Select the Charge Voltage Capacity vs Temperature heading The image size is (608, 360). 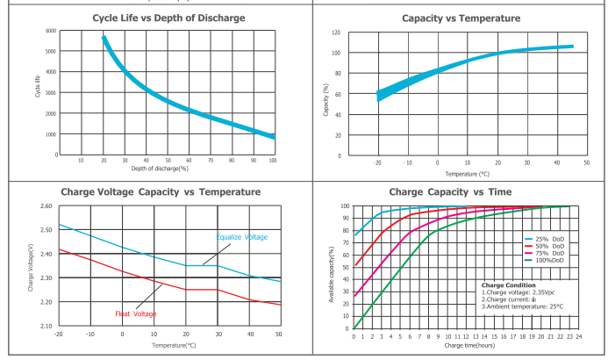coord(160,191)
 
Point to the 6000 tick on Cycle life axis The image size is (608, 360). coord(51,31)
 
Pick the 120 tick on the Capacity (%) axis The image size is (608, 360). coord(336,32)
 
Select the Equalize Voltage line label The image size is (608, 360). coord(242,237)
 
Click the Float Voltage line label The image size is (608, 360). coord(137,313)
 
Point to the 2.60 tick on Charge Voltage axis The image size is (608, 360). coord(46,206)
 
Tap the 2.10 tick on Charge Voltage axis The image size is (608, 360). coord(46,326)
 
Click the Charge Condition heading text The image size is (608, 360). coord(509,285)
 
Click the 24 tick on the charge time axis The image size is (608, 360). coord(580,335)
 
